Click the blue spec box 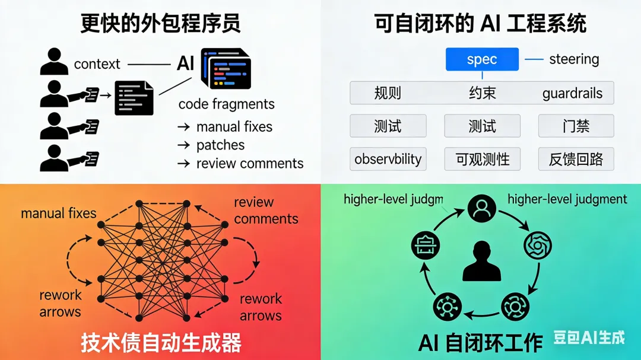click(482, 59)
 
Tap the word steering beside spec click(573, 59)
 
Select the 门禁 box click(576, 126)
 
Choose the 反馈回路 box click(576, 159)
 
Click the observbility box click(388, 159)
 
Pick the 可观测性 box click(482, 159)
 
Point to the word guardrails click(572, 93)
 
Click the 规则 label click(388, 93)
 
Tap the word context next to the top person click(97, 64)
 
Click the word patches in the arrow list click(220, 145)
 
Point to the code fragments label click(226, 104)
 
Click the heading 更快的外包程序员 click(160, 24)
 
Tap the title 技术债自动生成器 click(161, 343)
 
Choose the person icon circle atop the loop click(481, 208)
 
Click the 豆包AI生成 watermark click(589, 338)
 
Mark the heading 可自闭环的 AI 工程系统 click(480, 24)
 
